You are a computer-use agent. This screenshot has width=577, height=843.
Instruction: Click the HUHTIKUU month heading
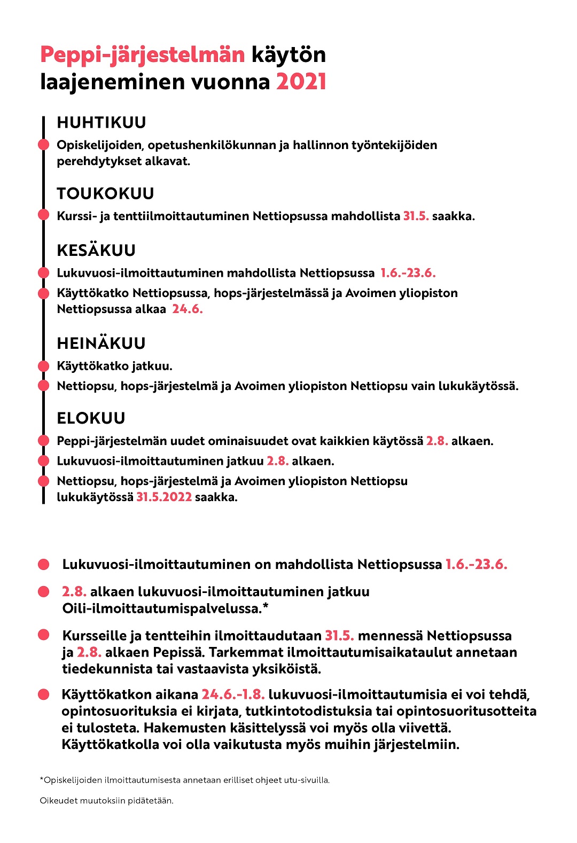(102, 122)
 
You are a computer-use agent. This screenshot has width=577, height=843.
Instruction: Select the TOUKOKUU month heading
(105, 193)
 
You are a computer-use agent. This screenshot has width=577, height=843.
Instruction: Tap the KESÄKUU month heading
(96, 250)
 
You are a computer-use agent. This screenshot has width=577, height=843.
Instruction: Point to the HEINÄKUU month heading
(101, 343)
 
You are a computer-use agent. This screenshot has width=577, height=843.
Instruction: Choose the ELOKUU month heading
(91, 418)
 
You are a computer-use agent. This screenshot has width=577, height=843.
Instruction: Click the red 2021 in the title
(301, 82)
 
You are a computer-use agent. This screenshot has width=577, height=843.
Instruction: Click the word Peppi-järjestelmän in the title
(142, 54)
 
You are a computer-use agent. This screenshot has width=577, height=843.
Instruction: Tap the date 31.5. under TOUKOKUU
(416, 216)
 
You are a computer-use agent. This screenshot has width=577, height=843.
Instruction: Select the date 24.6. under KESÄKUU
(187, 309)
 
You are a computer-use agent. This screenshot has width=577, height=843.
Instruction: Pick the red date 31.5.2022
(164, 497)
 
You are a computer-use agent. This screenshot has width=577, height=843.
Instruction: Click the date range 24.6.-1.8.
(233, 694)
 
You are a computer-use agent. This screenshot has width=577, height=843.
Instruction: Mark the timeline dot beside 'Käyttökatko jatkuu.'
(44, 366)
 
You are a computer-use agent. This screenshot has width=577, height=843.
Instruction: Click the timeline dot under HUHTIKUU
(44, 145)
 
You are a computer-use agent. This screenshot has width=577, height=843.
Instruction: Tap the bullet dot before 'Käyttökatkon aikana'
(44, 694)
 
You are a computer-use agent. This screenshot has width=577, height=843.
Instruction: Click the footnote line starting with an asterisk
(185, 780)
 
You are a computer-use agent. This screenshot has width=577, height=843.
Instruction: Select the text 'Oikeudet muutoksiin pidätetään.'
(107, 800)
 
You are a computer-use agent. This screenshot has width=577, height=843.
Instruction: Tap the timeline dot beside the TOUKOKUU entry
(44, 215)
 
